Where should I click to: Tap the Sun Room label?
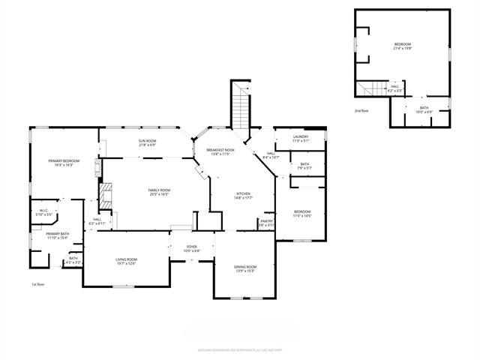[147, 141]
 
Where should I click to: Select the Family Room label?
[159, 190]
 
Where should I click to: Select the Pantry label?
[266, 221]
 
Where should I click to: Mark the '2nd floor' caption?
[362, 110]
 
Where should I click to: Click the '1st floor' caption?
[38, 284]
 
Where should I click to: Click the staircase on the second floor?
[370, 90]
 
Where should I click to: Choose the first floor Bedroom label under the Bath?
[302, 211]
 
